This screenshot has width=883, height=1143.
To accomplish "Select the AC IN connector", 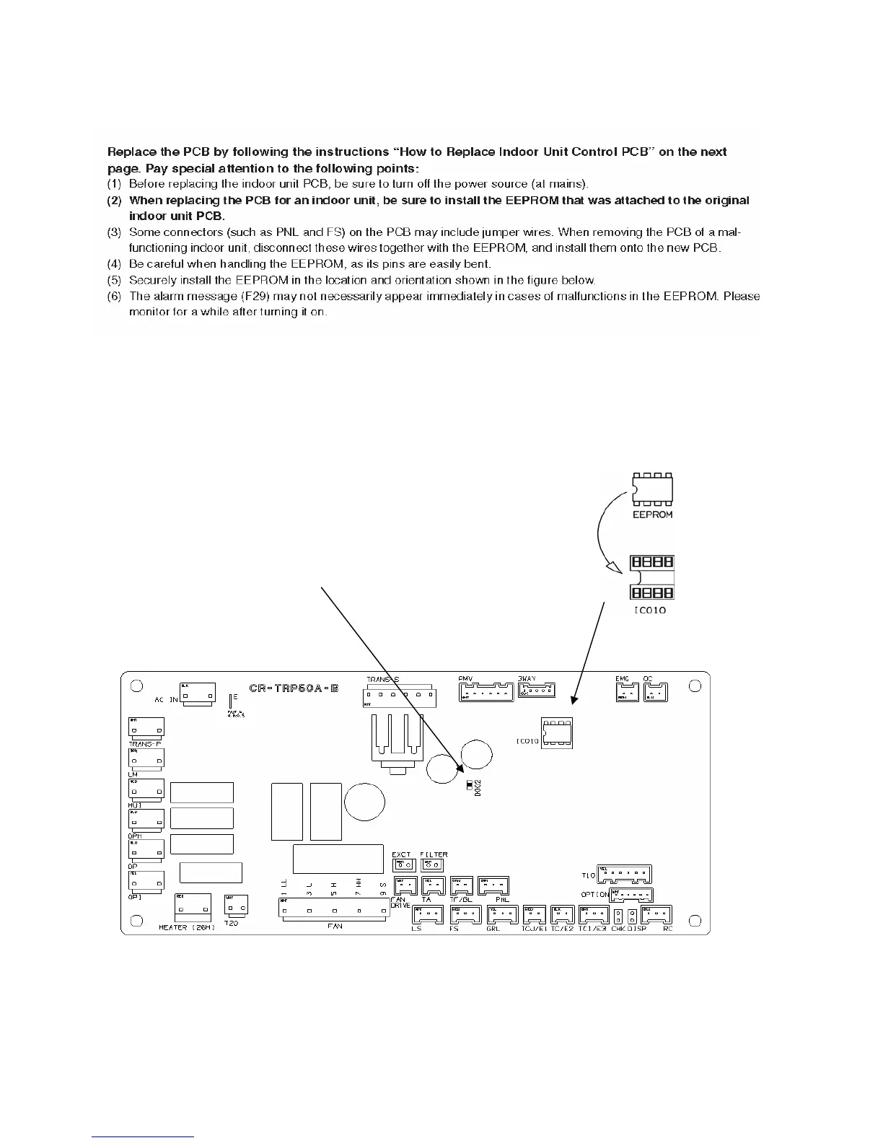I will pyautogui.click(x=196, y=693).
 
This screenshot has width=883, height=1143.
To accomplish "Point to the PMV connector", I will pyautogui.click(x=486, y=692).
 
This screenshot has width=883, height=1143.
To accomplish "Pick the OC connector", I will pyautogui.click(x=655, y=693).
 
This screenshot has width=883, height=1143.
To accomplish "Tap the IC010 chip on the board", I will pyautogui.click(x=557, y=732).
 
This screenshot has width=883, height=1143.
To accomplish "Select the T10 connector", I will pyautogui.click(x=624, y=875).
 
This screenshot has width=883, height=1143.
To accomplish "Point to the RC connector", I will pyautogui.click(x=656, y=915).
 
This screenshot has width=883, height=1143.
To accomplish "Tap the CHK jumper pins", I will pyautogui.click(x=618, y=916).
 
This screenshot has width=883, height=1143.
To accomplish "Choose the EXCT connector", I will pyautogui.click(x=403, y=864).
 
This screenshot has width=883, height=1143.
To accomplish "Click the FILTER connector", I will pyautogui.click(x=433, y=864).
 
